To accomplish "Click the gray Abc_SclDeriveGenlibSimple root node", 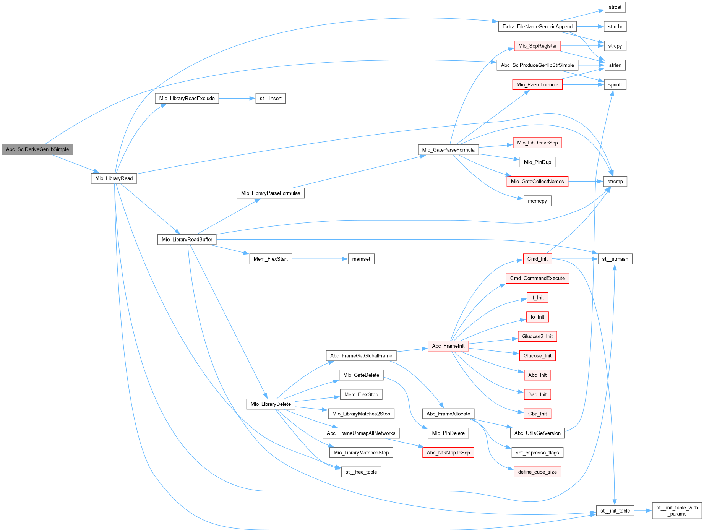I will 37,149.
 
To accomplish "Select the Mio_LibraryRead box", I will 114,178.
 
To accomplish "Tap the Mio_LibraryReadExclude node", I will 187,99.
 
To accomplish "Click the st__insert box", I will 271,99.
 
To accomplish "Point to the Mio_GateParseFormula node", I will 448,150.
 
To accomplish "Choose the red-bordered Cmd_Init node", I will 537,259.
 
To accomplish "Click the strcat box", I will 615,7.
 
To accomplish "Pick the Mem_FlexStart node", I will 271,259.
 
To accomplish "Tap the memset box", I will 361,259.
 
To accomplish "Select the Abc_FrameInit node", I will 448,346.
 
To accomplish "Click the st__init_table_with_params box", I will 677,511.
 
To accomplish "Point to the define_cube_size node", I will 537,472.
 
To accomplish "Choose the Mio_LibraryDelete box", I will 271,404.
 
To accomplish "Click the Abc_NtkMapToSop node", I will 448,453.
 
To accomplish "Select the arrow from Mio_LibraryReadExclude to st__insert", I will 237,99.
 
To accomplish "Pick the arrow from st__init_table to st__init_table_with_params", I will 643,511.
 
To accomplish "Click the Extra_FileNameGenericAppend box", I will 537,27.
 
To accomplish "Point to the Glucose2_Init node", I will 537,337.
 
